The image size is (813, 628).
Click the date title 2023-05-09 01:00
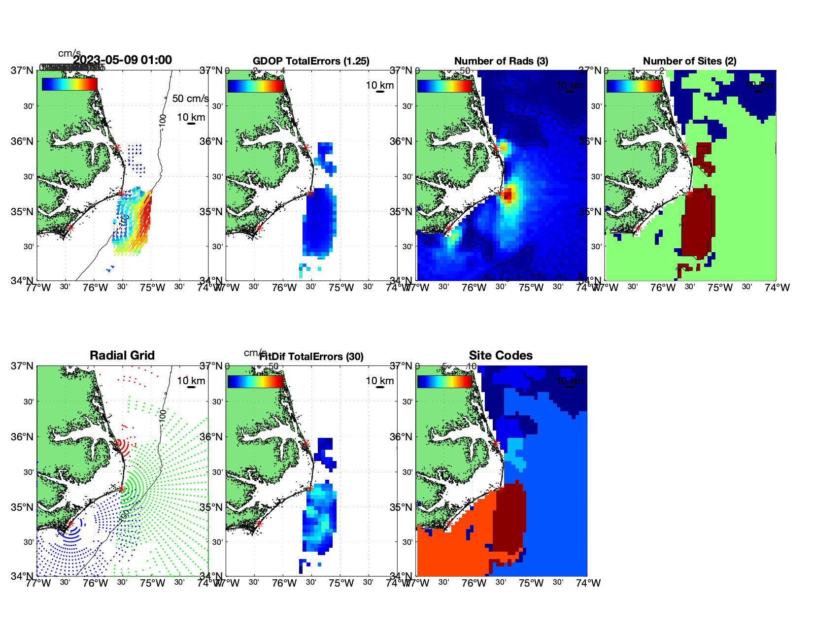click(x=122, y=60)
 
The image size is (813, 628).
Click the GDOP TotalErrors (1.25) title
click(x=311, y=61)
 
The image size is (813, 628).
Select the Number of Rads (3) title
click(x=501, y=61)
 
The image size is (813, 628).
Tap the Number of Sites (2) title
click(x=689, y=61)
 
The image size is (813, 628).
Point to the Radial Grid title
click(x=122, y=356)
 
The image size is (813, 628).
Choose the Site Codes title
click(x=501, y=356)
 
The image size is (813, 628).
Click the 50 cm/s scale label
click(x=190, y=99)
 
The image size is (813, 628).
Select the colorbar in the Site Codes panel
click(x=445, y=381)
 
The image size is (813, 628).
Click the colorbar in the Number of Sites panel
click(x=634, y=86)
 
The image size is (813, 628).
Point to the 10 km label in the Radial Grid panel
click(x=191, y=381)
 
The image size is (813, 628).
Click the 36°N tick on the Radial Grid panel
click(x=23, y=437)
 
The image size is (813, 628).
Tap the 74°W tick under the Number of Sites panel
click(x=777, y=288)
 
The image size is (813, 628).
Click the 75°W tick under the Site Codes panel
click(x=531, y=583)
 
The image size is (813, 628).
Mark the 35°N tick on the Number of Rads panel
click(x=401, y=212)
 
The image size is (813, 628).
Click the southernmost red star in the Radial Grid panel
click(x=70, y=524)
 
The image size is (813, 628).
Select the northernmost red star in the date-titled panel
click(x=117, y=147)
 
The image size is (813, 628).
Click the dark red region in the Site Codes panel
click(x=508, y=517)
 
